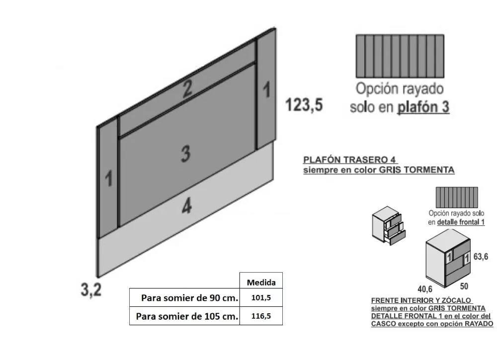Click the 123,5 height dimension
click(x=304, y=105)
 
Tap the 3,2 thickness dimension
click(x=91, y=289)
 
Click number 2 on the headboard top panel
click(x=187, y=89)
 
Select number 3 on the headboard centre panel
click(x=186, y=154)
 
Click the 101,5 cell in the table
click(x=261, y=297)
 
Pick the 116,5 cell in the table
click(x=261, y=316)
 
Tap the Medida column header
click(x=261, y=282)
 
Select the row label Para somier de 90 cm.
click(x=189, y=298)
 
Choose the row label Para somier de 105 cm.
click(x=187, y=316)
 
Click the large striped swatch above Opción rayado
click(x=400, y=57)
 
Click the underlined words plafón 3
click(x=423, y=107)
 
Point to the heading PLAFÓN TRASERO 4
click(x=350, y=159)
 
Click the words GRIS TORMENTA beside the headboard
click(x=417, y=170)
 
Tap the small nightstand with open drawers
click(x=389, y=225)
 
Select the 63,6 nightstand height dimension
click(x=481, y=256)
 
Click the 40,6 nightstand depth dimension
click(x=425, y=289)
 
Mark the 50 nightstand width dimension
click(x=464, y=286)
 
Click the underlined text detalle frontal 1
click(x=461, y=222)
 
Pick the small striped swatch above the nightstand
click(x=457, y=197)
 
